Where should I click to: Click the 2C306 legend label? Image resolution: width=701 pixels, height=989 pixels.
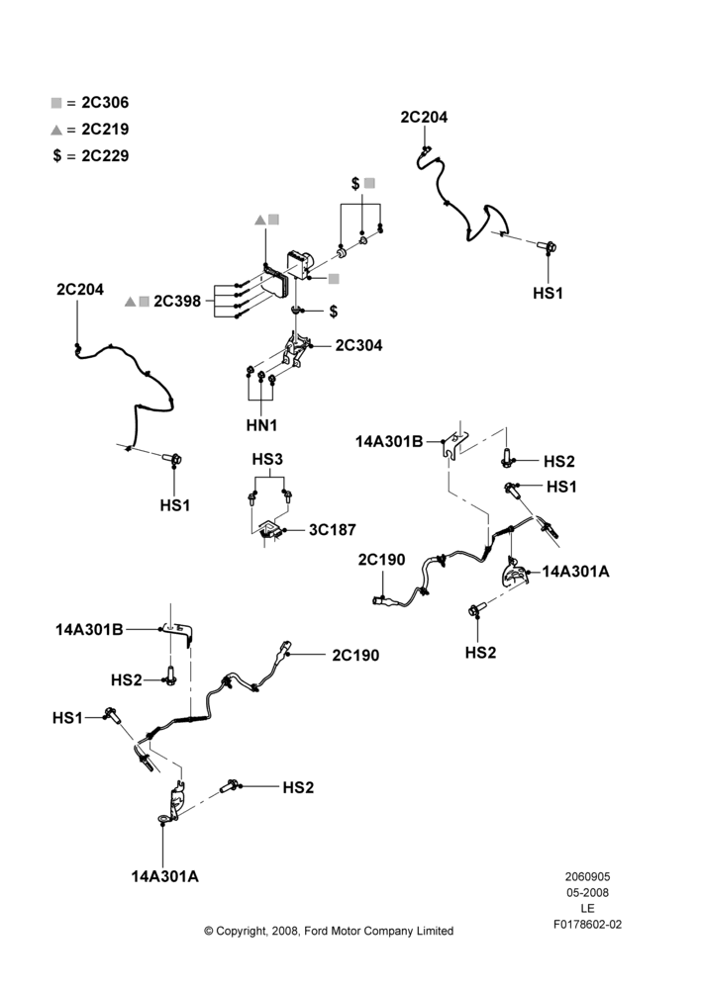point(105,103)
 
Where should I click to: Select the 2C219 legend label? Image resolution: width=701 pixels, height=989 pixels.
point(105,130)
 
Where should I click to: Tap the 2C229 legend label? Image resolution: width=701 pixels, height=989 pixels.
point(105,156)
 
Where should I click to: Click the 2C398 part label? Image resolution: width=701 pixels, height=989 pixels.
point(177,301)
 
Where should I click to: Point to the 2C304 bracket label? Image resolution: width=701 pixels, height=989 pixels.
point(358,345)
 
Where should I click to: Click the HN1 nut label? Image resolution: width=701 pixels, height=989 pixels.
point(261,425)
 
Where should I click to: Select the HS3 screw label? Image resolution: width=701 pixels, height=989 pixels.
point(267,459)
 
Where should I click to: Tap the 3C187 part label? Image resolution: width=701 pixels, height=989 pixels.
point(333,530)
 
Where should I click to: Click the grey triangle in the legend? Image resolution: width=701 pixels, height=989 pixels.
point(56,130)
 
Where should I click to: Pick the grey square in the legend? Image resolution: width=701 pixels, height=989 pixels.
point(56,103)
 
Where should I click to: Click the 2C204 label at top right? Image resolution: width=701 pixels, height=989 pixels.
point(424,117)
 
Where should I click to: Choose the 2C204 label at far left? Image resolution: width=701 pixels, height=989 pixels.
point(80,290)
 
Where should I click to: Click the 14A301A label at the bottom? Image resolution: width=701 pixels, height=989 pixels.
point(164,876)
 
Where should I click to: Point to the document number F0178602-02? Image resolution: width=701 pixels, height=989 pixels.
point(587,924)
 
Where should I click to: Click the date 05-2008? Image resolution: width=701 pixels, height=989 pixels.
point(587,892)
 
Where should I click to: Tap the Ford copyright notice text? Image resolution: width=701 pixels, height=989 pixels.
point(329,931)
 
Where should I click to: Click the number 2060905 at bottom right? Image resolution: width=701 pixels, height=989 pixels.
point(587,876)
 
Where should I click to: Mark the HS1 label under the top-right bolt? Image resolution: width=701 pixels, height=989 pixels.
point(548,294)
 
